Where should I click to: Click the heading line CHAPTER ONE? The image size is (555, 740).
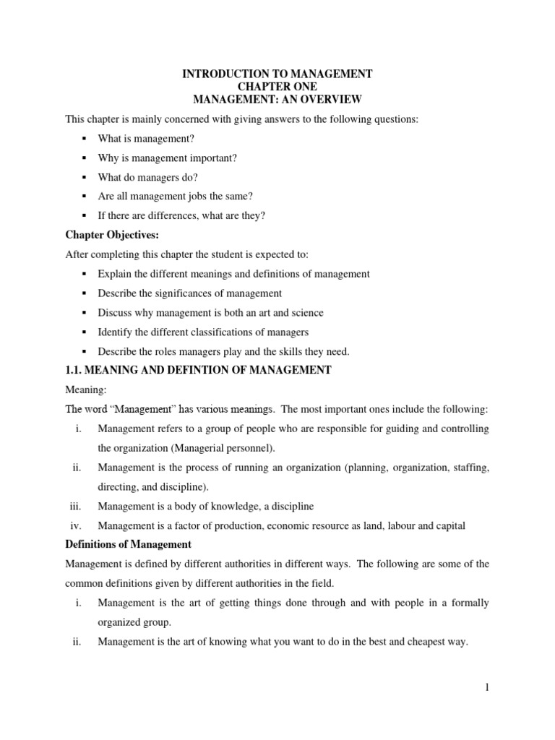pos(277,87)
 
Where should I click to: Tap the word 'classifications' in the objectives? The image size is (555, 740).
pos(231,332)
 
